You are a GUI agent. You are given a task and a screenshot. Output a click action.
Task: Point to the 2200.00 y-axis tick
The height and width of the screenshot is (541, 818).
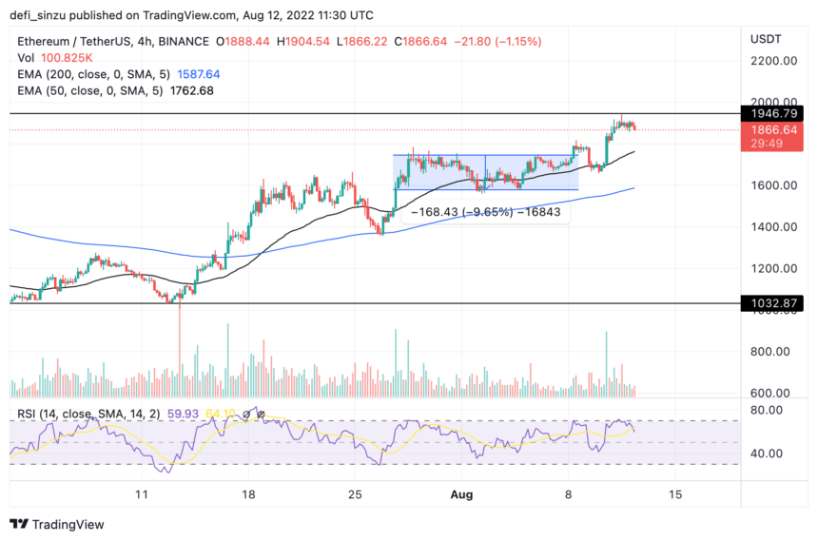[772, 61]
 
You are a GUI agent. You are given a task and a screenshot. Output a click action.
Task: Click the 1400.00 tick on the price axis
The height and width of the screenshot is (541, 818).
[772, 227]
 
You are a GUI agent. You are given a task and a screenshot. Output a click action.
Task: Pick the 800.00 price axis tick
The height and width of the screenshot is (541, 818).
[772, 352]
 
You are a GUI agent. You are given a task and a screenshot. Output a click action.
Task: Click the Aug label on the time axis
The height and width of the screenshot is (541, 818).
[461, 495]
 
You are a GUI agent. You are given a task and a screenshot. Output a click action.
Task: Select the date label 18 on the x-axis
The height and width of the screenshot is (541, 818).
[248, 495]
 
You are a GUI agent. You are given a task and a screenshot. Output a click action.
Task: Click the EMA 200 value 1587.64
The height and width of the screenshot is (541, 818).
[192, 73]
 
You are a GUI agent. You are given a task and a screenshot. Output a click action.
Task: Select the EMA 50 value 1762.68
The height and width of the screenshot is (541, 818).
[186, 90]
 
